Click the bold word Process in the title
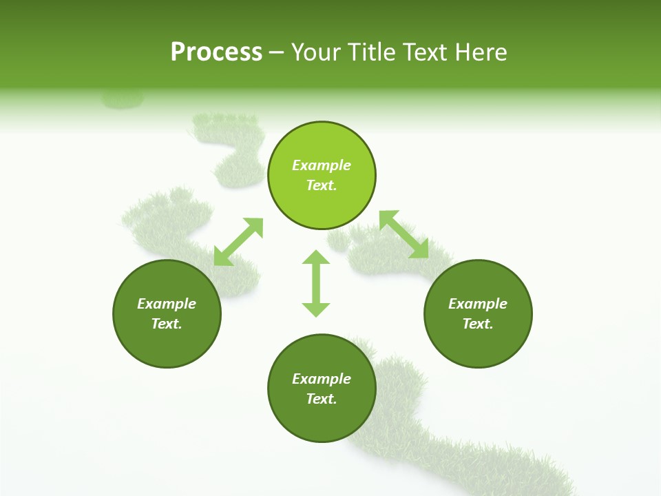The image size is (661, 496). [216, 52]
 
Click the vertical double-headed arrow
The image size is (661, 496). [316, 284]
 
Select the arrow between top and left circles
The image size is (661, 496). [238, 242]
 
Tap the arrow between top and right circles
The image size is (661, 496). [404, 235]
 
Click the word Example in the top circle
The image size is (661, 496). [322, 165]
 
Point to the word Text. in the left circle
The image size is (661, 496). [167, 324]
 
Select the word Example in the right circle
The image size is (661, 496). [478, 304]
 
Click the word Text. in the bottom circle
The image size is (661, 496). [322, 399]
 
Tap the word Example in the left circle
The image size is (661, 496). [167, 304]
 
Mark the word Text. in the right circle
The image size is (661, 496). [478, 324]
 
